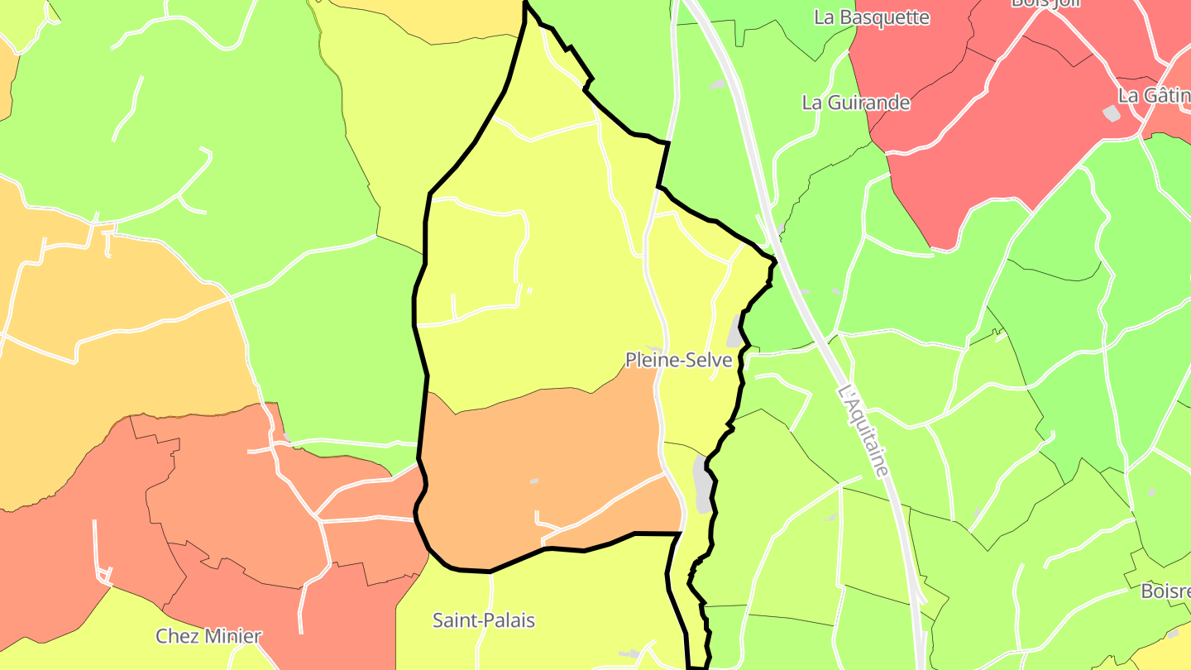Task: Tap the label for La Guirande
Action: [856, 103]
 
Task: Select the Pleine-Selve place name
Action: [678, 360]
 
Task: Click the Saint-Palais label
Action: [484, 620]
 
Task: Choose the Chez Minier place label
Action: [208, 636]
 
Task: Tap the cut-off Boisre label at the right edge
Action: [1165, 591]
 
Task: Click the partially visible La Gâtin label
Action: [1154, 95]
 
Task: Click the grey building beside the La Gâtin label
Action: [1112, 113]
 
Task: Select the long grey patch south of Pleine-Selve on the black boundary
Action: [702, 485]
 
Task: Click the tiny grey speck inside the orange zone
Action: [534, 481]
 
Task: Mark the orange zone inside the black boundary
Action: [538, 463]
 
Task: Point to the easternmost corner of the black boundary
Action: [776, 261]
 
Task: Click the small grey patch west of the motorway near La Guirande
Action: [716, 84]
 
